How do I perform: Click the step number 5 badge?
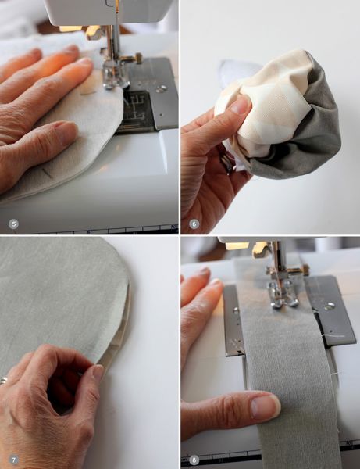[13, 224]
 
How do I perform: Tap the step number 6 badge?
[194, 224]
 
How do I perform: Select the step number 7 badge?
[13, 460]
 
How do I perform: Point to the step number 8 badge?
[194, 460]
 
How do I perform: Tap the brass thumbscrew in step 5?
[137, 58]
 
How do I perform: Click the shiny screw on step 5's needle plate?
[162, 89]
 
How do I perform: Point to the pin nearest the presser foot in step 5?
[88, 93]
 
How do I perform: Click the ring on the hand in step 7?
[3, 381]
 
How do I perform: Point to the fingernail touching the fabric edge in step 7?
[98, 373]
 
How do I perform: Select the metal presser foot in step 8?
[283, 295]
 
